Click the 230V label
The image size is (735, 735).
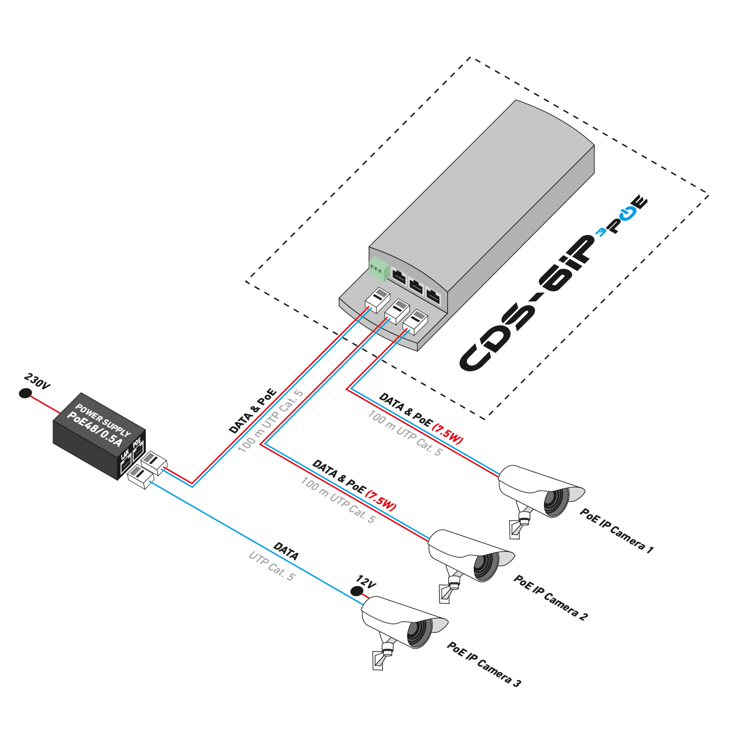pos(37,382)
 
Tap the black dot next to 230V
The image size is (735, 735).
pos(25,394)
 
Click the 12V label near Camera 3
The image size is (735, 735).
pos(366,582)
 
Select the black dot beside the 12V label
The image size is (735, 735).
pos(356,591)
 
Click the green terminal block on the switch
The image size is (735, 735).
pos(379,269)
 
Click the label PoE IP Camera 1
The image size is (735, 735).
pos(616,531)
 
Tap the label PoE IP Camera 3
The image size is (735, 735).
pos(484,664)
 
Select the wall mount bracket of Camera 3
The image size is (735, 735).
pos(378,660)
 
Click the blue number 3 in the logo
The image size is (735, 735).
pos(602,232)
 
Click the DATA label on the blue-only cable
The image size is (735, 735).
pos(286,551)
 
